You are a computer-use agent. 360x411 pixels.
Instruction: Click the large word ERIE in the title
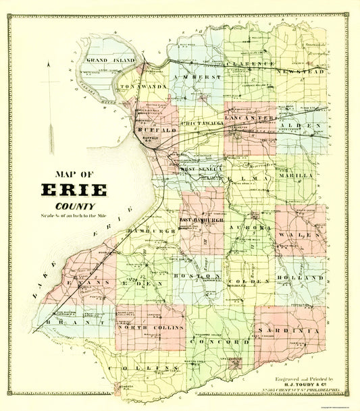coord(75,190)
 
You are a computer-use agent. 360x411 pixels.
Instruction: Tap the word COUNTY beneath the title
coord(75,207)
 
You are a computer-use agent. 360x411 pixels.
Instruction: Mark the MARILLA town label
coord(296,175)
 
